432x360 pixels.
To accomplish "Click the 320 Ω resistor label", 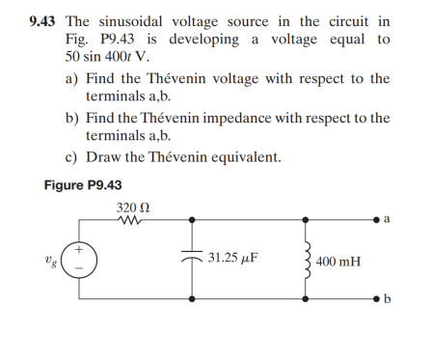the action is [x=131, y=208].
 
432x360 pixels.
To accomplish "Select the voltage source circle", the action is [x=80, y=263].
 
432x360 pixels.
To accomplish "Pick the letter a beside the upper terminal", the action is [x=386, y=219].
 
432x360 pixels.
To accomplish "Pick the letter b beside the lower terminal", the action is [x=387, y=301].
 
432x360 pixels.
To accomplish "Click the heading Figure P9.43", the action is [x=84, y=185].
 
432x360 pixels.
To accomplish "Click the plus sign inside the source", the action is [x=81, y=251].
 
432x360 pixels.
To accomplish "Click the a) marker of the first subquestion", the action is [x=71, y=78].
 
